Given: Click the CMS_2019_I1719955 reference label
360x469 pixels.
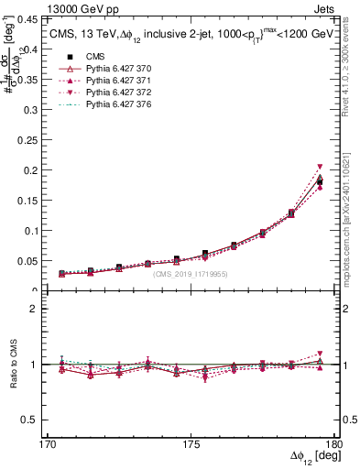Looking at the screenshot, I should pos(191,274).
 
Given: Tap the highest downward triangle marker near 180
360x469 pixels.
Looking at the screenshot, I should pos(320,167).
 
